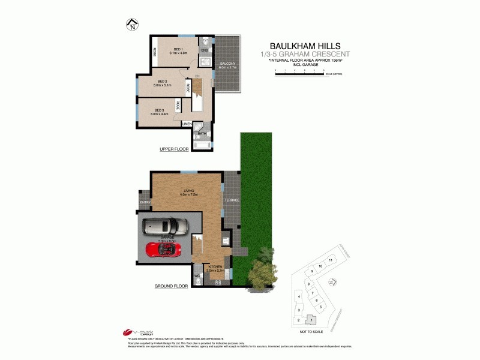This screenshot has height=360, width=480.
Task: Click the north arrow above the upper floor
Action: (x=131, y=25)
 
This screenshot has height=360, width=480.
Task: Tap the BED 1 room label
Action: (x=178, y=49)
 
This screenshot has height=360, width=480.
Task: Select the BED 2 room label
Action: (x=162, y=81)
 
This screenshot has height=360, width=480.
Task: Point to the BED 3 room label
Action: (x=159, y=110)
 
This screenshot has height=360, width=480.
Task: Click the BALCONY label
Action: (x=227, y=64)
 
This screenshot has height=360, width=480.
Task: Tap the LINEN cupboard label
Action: (x=187, y=124)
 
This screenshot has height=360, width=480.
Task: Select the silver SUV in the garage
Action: (x=165, y=226)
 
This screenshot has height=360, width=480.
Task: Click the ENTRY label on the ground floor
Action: (x=145, y=202)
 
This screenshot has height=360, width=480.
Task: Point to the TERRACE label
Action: (x=232, y=199)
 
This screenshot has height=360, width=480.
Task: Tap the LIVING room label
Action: (x=189, y=190)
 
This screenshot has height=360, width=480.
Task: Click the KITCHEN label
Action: (x=215, y=266)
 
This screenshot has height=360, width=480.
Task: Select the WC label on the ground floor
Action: (x=197, y=276)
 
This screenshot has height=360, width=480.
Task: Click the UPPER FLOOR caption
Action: (x=174, y=149)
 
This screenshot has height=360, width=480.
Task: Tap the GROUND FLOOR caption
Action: (x=172, y=287)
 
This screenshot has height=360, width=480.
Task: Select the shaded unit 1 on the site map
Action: (x=311, y=320)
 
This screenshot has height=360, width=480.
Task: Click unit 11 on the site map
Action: (x=330, y=260)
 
